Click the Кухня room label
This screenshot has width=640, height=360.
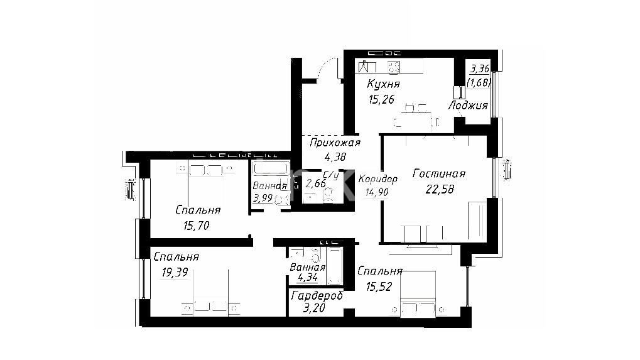pyautogui.click(x=383, y=84)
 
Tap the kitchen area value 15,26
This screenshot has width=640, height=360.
pyautogui.click(x=381, y=99)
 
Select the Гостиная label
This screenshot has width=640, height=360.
pyautogui.click(x=439, y=174)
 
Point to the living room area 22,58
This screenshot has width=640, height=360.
pyautogui.click(x=440, y=189)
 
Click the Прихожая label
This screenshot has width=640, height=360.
pyautogui.click(x=335, y=143)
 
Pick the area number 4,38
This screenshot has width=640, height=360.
pyautogui.click(x=335, y=156)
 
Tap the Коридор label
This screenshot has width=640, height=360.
pyautogui.click(x=378, y=179)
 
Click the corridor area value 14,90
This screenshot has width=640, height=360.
pyautogui.click(x=376, y=192)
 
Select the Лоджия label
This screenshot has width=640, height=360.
pyautogui.click(x=468, y=106)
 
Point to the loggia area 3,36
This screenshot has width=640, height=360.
pyautogui.click(x=480, y=68)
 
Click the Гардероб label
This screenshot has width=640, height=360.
pyautogui.click(x=317, y=296)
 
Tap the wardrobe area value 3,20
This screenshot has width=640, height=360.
pyautogui.click(x=314, y=308)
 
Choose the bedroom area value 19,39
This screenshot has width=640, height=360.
pyautogui.click(x=175, y=272)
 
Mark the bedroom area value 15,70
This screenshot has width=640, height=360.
pyautogui.click(x=197, y=226)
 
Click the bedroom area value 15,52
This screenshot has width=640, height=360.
pyautogui.click(x=379, y=287)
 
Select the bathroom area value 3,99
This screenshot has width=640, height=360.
pyautogui.click(x=263, y=199)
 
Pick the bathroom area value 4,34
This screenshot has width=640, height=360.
pyautogui.click(x=307, y=278)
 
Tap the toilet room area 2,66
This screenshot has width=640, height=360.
pyautogui.click(x=315, y=183)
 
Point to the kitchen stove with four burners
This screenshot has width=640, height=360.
pyautogui.click(x=393, y=67)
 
